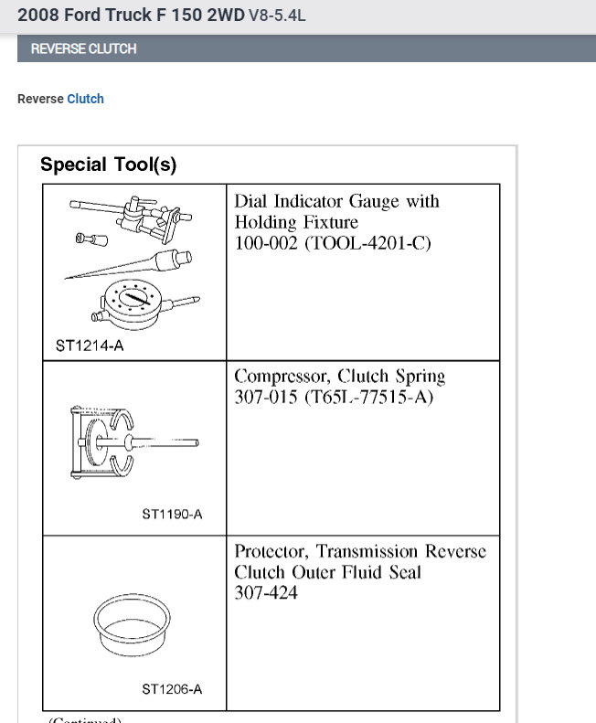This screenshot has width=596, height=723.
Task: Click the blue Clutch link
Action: (x=85, y=99)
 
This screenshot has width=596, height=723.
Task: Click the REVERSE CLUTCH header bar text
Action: (x=83, y=49)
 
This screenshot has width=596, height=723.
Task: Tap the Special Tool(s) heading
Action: (x=108, y=165)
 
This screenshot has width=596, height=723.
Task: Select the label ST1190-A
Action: (x=172, y=514)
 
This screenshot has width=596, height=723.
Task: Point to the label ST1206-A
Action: (x=172, y=689)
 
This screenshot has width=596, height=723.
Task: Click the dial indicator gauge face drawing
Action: (x=135, y=303)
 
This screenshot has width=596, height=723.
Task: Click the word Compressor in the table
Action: (x=282, y=376)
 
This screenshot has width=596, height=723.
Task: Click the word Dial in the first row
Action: (x=250, y=201)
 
